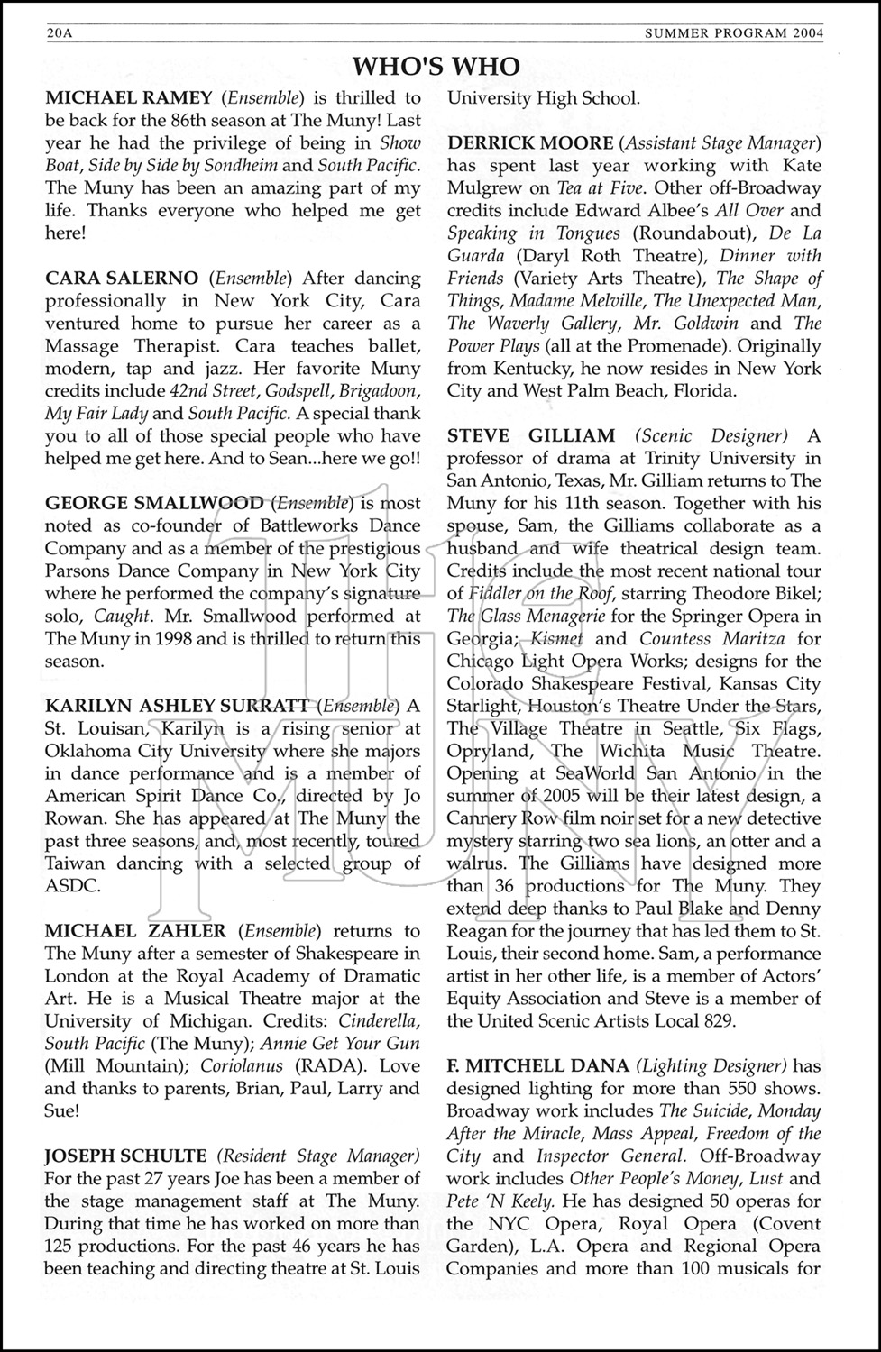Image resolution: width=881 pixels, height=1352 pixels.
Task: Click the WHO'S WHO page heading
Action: point(436,67)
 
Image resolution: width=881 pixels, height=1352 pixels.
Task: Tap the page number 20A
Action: point(60,34)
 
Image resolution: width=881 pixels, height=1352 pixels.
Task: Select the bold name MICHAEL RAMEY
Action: point(129,98)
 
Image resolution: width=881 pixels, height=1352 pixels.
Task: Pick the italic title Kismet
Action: point(556,639)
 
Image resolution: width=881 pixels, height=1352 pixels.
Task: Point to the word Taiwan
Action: point(73,863)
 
